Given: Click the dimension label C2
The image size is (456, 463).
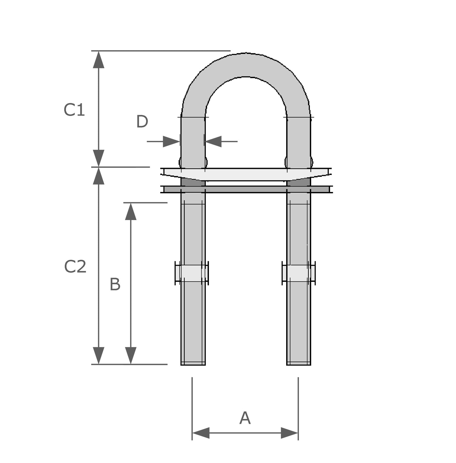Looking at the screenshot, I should coord(75,267).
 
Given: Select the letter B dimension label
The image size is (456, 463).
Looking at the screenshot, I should coord(115,285).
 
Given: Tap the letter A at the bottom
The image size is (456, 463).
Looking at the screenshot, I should coord(245,418).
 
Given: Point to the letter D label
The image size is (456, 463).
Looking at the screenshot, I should coord(142,122).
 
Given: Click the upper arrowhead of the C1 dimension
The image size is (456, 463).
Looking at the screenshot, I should coord(98,60).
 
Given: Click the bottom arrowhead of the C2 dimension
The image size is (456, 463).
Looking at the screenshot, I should coord(98,355).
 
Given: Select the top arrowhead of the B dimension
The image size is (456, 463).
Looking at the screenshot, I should coord(131,211).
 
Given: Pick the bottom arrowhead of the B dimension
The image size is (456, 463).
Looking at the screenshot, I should coord(131,355).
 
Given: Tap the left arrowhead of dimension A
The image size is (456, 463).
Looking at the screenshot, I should coord(201,433).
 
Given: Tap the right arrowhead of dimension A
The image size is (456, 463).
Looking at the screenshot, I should coord(289,433).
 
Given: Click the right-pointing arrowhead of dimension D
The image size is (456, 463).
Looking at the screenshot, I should coord(171,142).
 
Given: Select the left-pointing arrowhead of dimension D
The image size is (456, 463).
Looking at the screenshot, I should coord(214,142).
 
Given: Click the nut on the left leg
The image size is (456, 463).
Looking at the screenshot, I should coord(192,273).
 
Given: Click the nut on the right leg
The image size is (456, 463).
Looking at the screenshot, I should coord(299,273).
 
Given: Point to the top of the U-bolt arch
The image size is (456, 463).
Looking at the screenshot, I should coord(246,65).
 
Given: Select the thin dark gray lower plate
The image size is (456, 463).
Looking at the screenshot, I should coord(246,189).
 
